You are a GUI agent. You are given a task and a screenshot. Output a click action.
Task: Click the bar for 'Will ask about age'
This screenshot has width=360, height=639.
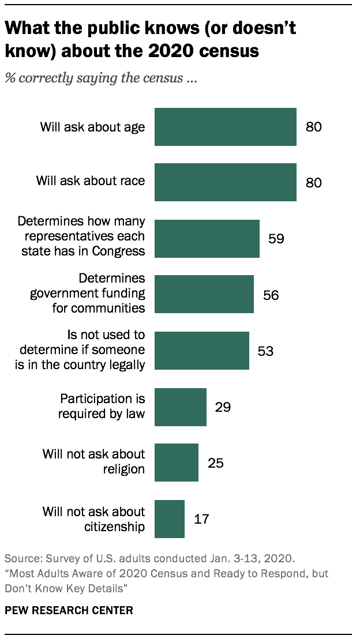[225, 126]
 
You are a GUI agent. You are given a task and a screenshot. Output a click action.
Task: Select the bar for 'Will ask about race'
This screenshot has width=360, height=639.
[225, 182]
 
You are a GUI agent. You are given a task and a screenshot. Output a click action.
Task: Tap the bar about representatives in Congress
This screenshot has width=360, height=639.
[207, 238]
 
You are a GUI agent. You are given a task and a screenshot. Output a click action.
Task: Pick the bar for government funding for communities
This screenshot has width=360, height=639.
[204, 294]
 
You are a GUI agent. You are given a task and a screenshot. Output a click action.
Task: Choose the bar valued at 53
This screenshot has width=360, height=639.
[201, 350]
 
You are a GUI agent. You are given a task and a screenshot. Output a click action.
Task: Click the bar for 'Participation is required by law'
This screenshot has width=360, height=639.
[180, 407]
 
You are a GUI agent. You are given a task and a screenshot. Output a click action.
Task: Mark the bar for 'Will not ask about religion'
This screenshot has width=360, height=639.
[176, 462]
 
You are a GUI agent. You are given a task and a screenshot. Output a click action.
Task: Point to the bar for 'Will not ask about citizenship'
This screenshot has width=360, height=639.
[169, 518]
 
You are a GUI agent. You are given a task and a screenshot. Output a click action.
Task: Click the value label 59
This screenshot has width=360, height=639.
[276, 238]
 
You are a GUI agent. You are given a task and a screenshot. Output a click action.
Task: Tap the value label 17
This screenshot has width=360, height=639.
[201, 519]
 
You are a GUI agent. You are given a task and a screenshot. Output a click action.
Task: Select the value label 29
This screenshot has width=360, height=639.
[223, 407]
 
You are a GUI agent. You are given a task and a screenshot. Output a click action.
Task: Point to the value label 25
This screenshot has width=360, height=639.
[215, 463]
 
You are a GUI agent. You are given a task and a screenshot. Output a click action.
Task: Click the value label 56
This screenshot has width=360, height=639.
[271, 295]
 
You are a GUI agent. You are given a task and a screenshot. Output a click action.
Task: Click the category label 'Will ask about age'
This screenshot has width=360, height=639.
[92, 127]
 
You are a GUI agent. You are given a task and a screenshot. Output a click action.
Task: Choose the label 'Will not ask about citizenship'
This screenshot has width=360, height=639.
[94, 518]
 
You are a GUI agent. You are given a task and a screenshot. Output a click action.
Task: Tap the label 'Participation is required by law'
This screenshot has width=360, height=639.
[103, 406]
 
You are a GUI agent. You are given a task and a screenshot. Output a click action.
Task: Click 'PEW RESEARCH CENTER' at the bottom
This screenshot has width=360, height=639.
[69, 610]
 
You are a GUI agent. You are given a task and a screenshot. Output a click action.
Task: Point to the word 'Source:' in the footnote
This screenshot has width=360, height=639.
[21, 559]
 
